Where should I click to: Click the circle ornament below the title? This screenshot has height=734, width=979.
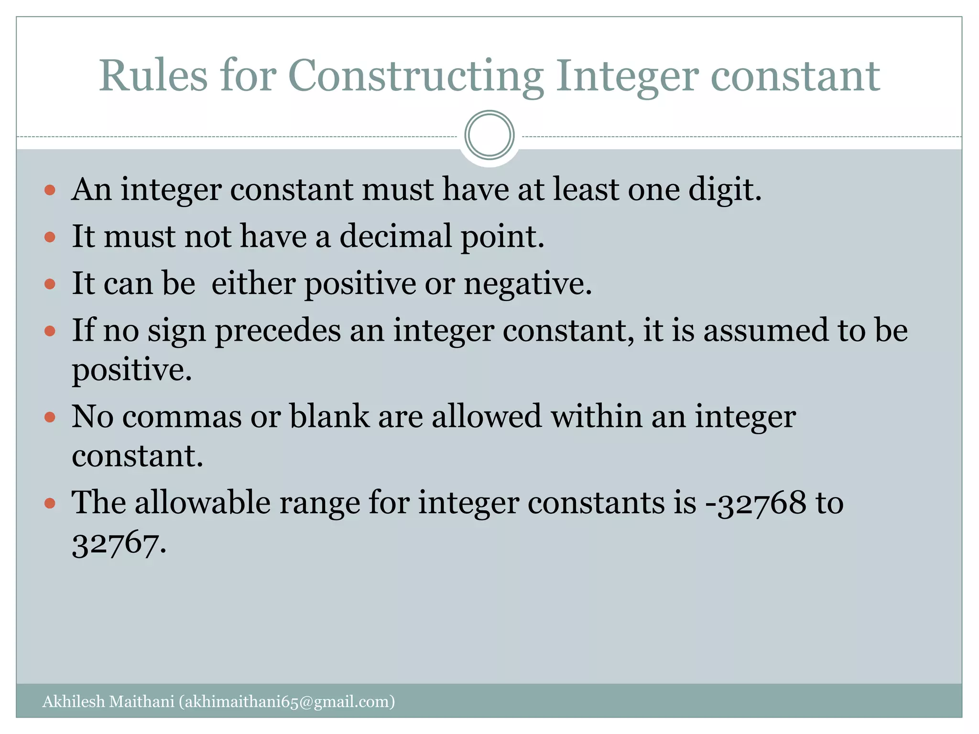pos(489,135)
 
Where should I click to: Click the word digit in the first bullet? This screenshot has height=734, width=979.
pos(724,190)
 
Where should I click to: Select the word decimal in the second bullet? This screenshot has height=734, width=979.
pos(395,236)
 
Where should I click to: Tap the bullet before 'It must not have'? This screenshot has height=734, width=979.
pos(50,237)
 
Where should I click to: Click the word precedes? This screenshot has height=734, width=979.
pos(278,331)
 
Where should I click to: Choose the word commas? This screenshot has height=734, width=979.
pos(182,416)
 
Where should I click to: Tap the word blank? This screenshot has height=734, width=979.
pos(329,416)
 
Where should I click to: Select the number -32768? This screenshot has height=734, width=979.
pos(756,503)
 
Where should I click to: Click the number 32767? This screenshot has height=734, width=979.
pos(119,543)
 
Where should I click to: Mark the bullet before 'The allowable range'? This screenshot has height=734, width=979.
pos(50,503)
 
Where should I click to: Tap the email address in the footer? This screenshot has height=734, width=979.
pos(287,702)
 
